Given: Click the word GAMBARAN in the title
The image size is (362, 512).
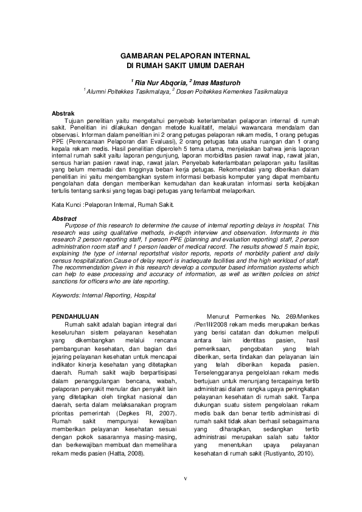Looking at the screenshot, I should click(x=138, y=55).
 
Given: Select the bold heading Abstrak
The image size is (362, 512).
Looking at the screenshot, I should click(x=63, y=114).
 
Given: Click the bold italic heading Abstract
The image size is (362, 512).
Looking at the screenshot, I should click(x=64, y=218).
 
